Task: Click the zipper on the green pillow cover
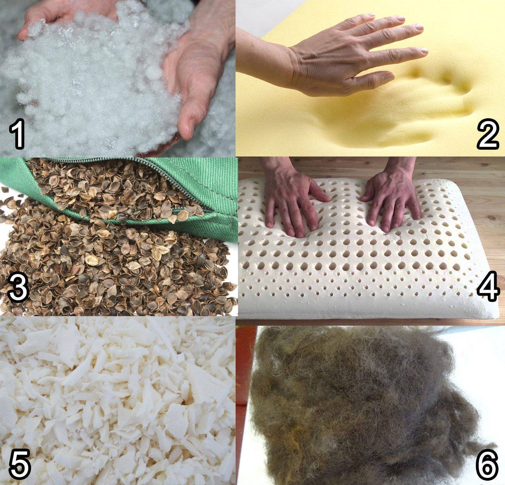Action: click(x=125, y=182)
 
